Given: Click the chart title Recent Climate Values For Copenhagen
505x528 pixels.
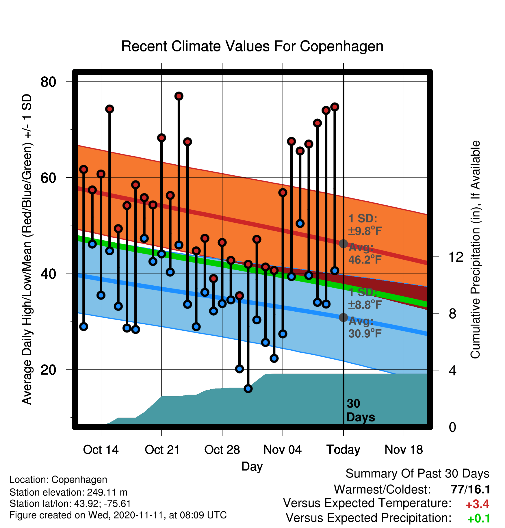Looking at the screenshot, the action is (252, 46).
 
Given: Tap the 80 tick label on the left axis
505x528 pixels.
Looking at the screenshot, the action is (48, 82).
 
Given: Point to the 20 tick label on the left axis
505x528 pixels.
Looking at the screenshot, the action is (48, 370).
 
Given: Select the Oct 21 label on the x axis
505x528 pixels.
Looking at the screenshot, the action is (162, 450).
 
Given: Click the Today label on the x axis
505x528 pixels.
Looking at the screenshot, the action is (343, 450).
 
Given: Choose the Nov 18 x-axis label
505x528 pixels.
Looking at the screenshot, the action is (404, 450).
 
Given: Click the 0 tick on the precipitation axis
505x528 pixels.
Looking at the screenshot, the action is (452, 427).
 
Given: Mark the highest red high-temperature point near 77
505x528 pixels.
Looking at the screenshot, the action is (179, 96).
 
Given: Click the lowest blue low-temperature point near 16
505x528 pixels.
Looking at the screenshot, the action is (248, 389).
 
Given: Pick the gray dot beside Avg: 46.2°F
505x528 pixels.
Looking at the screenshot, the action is (343, 244).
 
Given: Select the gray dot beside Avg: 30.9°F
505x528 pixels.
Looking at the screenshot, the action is (343, 317).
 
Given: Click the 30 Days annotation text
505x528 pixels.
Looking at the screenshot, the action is (361, 410).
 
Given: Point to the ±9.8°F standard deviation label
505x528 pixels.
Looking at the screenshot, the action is (365, 231).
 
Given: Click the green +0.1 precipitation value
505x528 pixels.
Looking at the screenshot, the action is (479, 519).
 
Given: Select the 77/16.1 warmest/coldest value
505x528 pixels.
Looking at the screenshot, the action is (471, 489).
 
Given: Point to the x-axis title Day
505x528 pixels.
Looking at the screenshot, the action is (252, 466).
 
